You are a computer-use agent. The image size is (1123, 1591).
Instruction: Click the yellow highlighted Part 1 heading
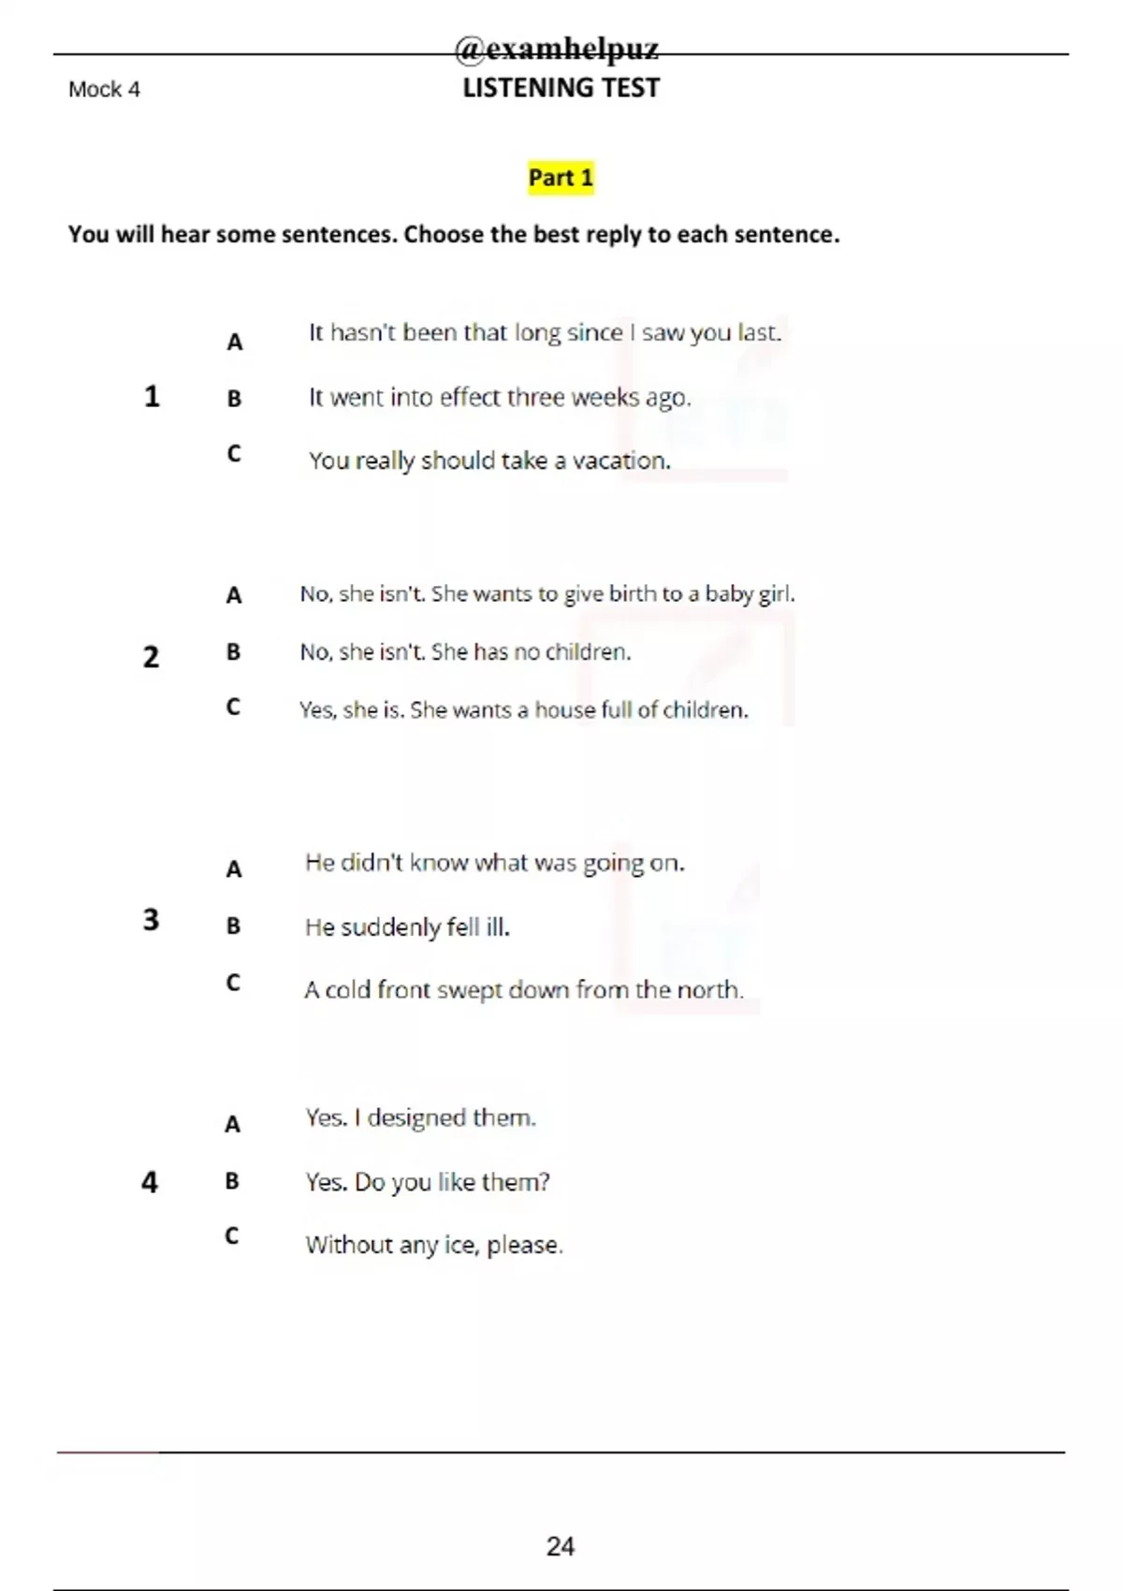(x=561, y=177)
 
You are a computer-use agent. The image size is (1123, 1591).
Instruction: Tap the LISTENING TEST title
(x=561, y=88)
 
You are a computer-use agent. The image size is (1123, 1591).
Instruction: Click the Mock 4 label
(x=104, y=90)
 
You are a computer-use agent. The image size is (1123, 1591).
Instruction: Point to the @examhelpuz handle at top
(x=557, y=49)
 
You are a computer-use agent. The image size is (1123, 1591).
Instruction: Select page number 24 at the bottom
(x=560, y=1546)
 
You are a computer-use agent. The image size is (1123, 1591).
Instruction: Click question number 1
(x=152, y=397)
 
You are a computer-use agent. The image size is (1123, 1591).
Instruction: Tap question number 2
(x=151, y=657)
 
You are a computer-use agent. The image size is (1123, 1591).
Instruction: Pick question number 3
(x=151, y=920)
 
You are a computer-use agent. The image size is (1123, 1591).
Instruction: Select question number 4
(x=150, y=1182)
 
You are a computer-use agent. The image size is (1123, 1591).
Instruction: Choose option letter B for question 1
(x=234, y=399)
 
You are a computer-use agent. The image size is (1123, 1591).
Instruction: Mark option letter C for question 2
(x=233, y=707)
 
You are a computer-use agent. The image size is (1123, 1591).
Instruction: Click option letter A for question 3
(x=234, y=869)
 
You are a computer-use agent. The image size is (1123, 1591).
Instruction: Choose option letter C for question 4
(x=232, y=1235)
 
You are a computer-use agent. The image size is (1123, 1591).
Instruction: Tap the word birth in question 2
(x=633, y=594)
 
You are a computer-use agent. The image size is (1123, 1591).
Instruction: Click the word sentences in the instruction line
(x=338, y=234)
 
